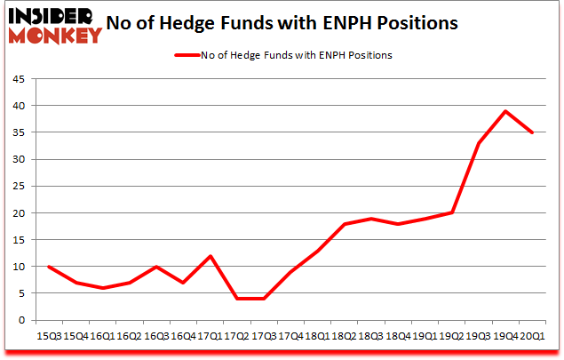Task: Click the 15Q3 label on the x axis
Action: pyautogui.click(x=49, y=336)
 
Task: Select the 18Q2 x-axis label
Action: pyautogui.click(x=344, y=336)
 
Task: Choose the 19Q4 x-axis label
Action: pyautogui.click(x=504, y=336)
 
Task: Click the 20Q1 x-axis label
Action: pyautogui.click(x=531, y=336)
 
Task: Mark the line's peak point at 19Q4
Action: pyautogui.click(x=505, y=111)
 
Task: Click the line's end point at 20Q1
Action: pyautogui.click(x=532, y=132)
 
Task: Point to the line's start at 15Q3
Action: pyautogui.click(x=49, y=267)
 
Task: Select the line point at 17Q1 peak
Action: pyautogui.click(x=210, y=256)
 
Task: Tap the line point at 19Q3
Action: pyautogui.click(x=479, y=143)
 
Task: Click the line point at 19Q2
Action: pyautogui.click(x=452, y=213)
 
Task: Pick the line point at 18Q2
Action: pyautogui.click(x=344, y=224)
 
